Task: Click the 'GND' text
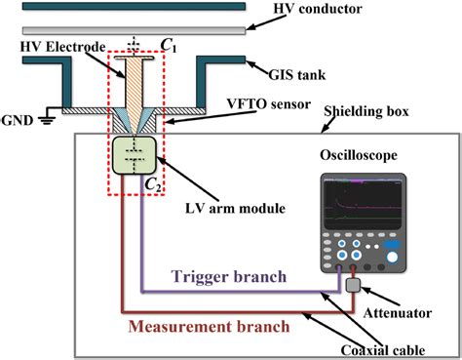click(23, 122)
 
